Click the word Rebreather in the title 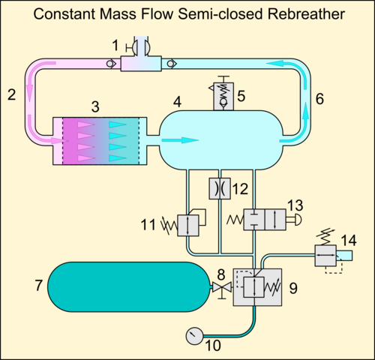tap(306, 14)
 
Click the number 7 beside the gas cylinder tap(39, 285)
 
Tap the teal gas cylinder tap(128, 286)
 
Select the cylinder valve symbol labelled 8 tap(222, 289)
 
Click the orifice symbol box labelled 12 tap(220, 188)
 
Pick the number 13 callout tap(295, 205)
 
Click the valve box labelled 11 tap(188, 225)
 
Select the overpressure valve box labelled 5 tap(223, 96)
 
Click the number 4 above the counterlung tap(177, 102)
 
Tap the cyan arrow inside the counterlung tap(180, 140)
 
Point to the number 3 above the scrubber tap(95, 106)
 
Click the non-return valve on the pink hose tap(110, 64)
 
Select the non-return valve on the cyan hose tap(172, 64)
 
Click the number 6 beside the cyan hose tap(319, 99)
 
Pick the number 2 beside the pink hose tap(12, 95)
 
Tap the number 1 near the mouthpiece tap(115, 46)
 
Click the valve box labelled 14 tap(325, 256)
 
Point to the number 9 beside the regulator tap(293, 288)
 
